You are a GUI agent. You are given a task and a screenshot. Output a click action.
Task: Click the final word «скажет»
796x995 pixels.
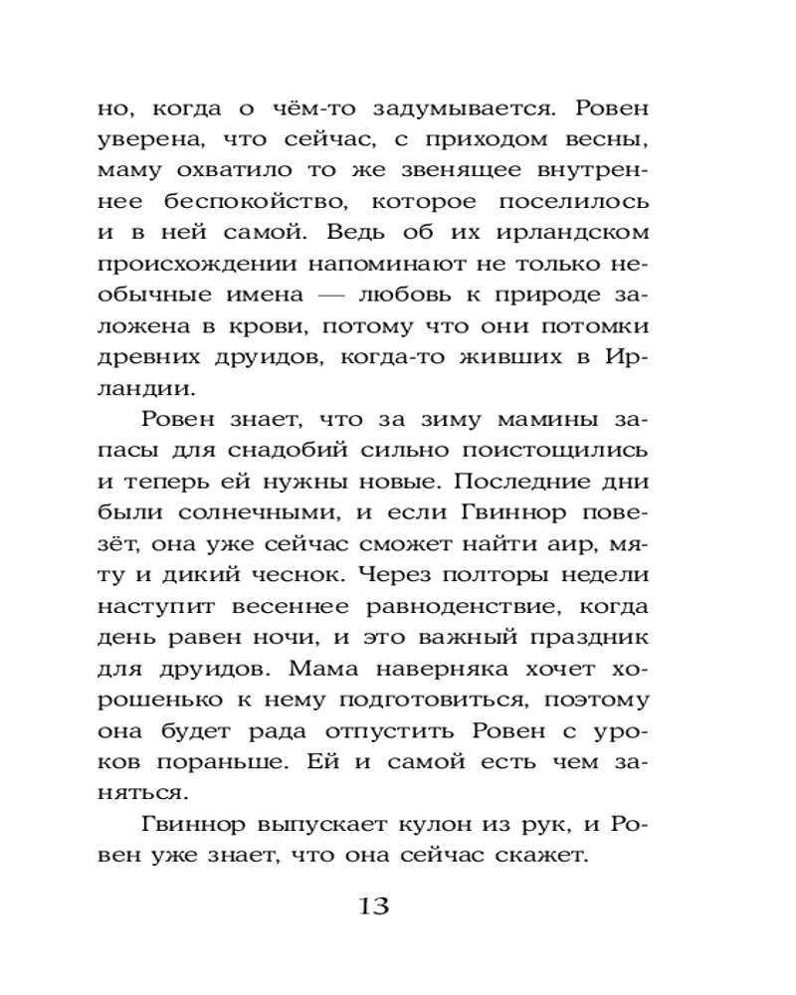click(x=547, y=857)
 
